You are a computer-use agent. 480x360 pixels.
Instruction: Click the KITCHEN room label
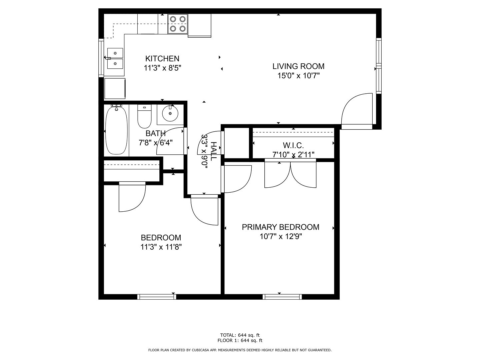click(x=162, y=59)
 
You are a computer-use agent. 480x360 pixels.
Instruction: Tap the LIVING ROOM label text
click(x=298, y=66)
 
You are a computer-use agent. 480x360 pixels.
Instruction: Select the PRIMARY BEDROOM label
click(x=280, y=227)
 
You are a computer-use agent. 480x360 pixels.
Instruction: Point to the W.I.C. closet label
click(x=293, y=145)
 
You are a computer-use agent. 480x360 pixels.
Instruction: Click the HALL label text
click(x=213, y=151)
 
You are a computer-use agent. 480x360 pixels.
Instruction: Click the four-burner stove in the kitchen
click(x=178, y=24)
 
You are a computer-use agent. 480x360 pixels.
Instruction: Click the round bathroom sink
click(x=170, y=114)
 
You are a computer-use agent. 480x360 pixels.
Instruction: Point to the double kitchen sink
click(x=115, y=58)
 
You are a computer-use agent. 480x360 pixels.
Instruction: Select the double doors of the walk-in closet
click(x=290, y=174)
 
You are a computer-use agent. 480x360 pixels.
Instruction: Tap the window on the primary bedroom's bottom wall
click(x=282, y=297)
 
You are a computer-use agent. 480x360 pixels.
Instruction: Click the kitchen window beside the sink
click(x=101, y=58)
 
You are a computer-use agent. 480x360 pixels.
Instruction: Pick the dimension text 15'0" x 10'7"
click(x=298, y=76)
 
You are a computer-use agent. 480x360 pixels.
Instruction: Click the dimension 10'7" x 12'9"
click(x=281, y=237)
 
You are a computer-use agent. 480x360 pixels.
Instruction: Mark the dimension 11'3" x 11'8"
click(x=161, y=247)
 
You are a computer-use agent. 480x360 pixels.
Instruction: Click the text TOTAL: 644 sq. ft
click(x=240, y=335)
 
